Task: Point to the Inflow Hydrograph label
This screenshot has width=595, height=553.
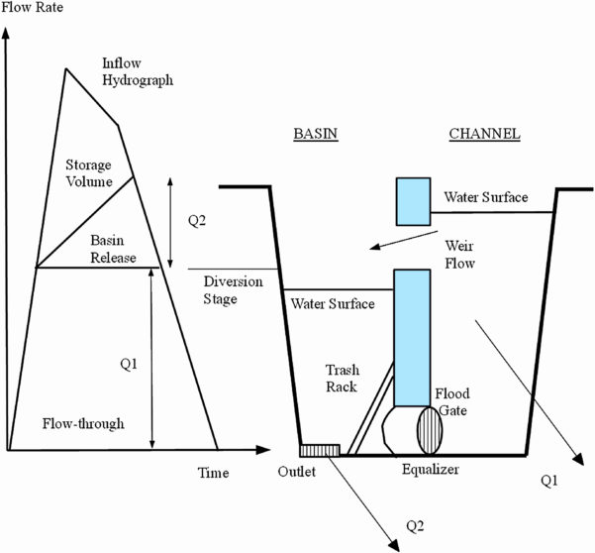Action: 137,71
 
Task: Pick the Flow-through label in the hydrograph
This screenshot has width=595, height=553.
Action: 83,423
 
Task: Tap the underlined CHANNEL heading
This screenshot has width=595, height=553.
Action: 484,133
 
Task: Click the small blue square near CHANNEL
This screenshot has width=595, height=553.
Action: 413,201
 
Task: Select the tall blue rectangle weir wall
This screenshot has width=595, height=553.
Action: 412,332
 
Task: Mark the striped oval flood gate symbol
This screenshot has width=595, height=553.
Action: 430,430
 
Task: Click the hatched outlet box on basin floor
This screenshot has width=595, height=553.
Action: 321,450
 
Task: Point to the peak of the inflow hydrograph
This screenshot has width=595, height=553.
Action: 65,68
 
